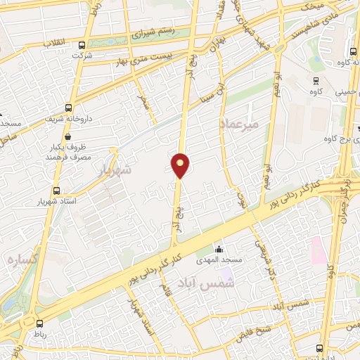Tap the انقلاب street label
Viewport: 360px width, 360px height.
[x=53, y=43]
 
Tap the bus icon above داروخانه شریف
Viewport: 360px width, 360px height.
[x=68, y=108]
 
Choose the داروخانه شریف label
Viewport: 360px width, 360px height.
[x=67, y=120]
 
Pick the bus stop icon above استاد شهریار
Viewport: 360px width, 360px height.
[x=56, y=191]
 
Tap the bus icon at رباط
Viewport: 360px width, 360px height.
[x=39, y=325]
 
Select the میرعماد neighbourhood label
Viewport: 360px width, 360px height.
[x=239, y=124]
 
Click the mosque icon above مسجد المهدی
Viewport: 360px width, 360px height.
[x=219, y=250]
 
